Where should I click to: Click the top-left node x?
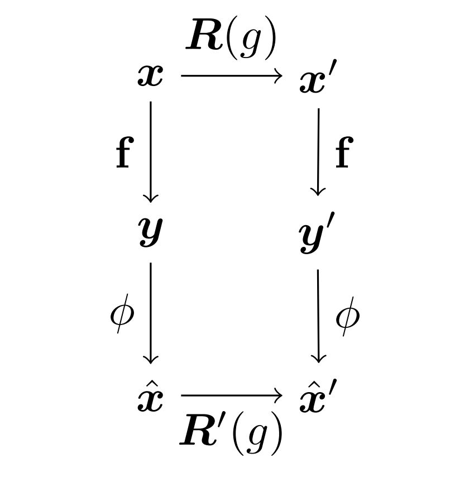pos(151,77)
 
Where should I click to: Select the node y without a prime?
pos(151,231)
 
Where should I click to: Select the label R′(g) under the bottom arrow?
pos(231,433)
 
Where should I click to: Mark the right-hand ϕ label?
pos(347,316)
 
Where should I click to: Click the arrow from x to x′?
pos(231,76)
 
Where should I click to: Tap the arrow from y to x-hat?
pos(151,313)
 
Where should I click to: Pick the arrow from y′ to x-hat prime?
pos(318,316)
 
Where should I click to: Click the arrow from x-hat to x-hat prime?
pos(231,396)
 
